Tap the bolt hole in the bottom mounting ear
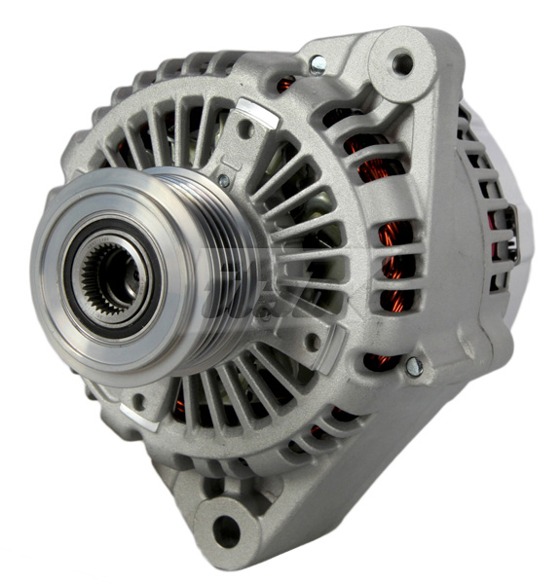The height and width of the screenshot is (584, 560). coord(225,530)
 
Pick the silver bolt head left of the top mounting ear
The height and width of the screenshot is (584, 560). coord(318,65)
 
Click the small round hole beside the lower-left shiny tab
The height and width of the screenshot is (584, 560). coord(139,399)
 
